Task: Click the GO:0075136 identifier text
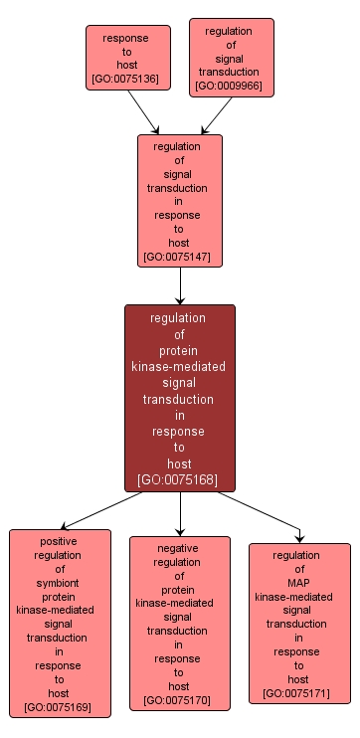click(124, 78)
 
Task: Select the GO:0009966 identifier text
click(231, 87)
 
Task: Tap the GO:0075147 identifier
click(179, 257)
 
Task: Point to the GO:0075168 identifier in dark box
click(179, 480)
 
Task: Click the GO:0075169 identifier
click(59, 708)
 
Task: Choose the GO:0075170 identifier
click(179, 701)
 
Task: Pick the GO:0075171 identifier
click(299, 693)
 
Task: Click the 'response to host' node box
click(124, 58)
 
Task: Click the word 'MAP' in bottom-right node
click(299, 582)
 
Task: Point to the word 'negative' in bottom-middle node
click(179, 547)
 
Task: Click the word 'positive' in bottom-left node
click(59, 541)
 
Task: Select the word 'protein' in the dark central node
click(179, 350)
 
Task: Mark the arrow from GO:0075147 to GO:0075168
click(180, 285)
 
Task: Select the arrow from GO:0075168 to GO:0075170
click(180, 513)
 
